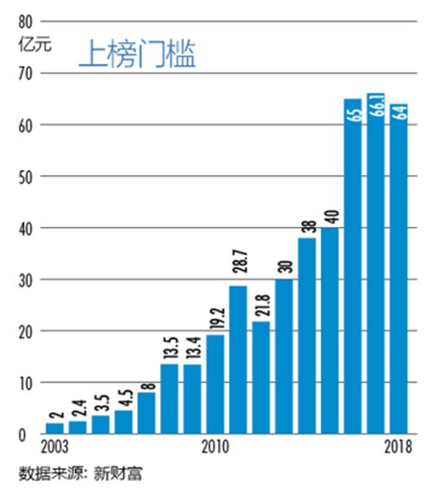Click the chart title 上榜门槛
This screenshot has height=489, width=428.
point(137,54)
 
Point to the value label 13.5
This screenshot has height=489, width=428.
point(169,347)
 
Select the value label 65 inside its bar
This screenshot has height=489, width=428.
point(353,113)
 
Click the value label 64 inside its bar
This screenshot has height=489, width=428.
point(399,114)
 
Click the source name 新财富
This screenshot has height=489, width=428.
point(121,473)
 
